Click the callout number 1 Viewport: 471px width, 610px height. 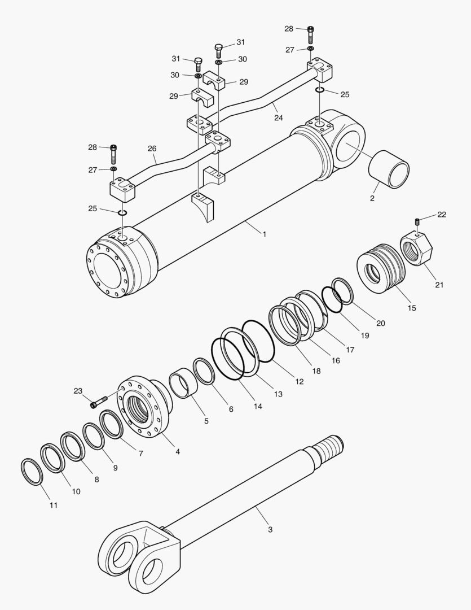point(264,233)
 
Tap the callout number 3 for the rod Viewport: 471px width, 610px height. point(270,529)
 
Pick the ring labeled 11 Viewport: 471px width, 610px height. point(32,472)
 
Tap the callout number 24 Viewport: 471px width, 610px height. point(279,117)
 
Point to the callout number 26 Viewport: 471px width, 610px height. point(152,149)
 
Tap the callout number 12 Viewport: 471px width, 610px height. point(299,382)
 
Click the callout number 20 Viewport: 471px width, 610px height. point(381,323)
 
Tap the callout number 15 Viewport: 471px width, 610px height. point(412,308)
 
